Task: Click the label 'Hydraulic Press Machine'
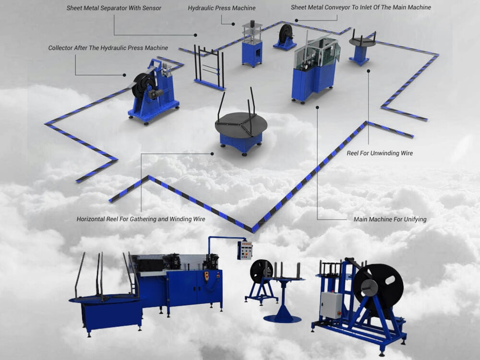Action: pos(222,8)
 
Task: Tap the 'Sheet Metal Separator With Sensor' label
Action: pos(114,8)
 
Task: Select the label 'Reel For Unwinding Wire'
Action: pos(380,153)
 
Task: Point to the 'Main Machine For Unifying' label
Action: pos(390,219)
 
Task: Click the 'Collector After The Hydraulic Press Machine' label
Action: pos(108,48)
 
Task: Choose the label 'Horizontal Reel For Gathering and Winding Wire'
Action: pos(141,219)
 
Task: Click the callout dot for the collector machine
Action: pos(124,75)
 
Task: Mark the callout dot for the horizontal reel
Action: pos(212,154)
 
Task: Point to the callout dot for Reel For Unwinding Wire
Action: pos(369,71)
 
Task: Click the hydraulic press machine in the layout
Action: pos(252,44)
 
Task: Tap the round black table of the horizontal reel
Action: pos(241,124)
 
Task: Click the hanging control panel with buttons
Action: pos(245,251)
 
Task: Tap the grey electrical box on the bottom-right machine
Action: pos(331,305)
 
